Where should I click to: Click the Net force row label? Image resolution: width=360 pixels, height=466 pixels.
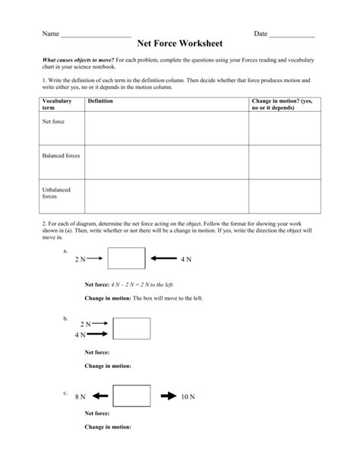coord(53,122)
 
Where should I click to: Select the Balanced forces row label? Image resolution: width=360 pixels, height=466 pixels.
coord(61,155)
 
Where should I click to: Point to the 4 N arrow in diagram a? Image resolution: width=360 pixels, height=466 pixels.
coord(163,259)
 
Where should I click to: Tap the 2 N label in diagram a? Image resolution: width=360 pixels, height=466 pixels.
coord(81,260)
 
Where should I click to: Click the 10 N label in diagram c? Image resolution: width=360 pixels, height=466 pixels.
coord(188,397)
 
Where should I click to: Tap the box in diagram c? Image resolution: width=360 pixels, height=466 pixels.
coord(131,396)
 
